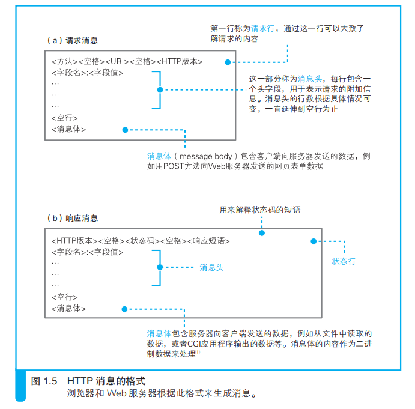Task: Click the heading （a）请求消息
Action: point(71,41)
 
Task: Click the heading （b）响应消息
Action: point(71,218)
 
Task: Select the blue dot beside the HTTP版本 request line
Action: point(228,62)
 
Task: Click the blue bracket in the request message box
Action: point(157,90)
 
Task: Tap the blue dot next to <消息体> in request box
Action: point(124,129)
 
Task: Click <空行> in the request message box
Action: point(64,118)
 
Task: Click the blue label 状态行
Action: point(344,261)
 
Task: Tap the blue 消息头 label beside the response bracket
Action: point(211,268)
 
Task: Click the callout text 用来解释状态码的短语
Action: point(260,210)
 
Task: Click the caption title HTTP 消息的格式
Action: point(106,381)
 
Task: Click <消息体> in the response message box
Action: point(68,309)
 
